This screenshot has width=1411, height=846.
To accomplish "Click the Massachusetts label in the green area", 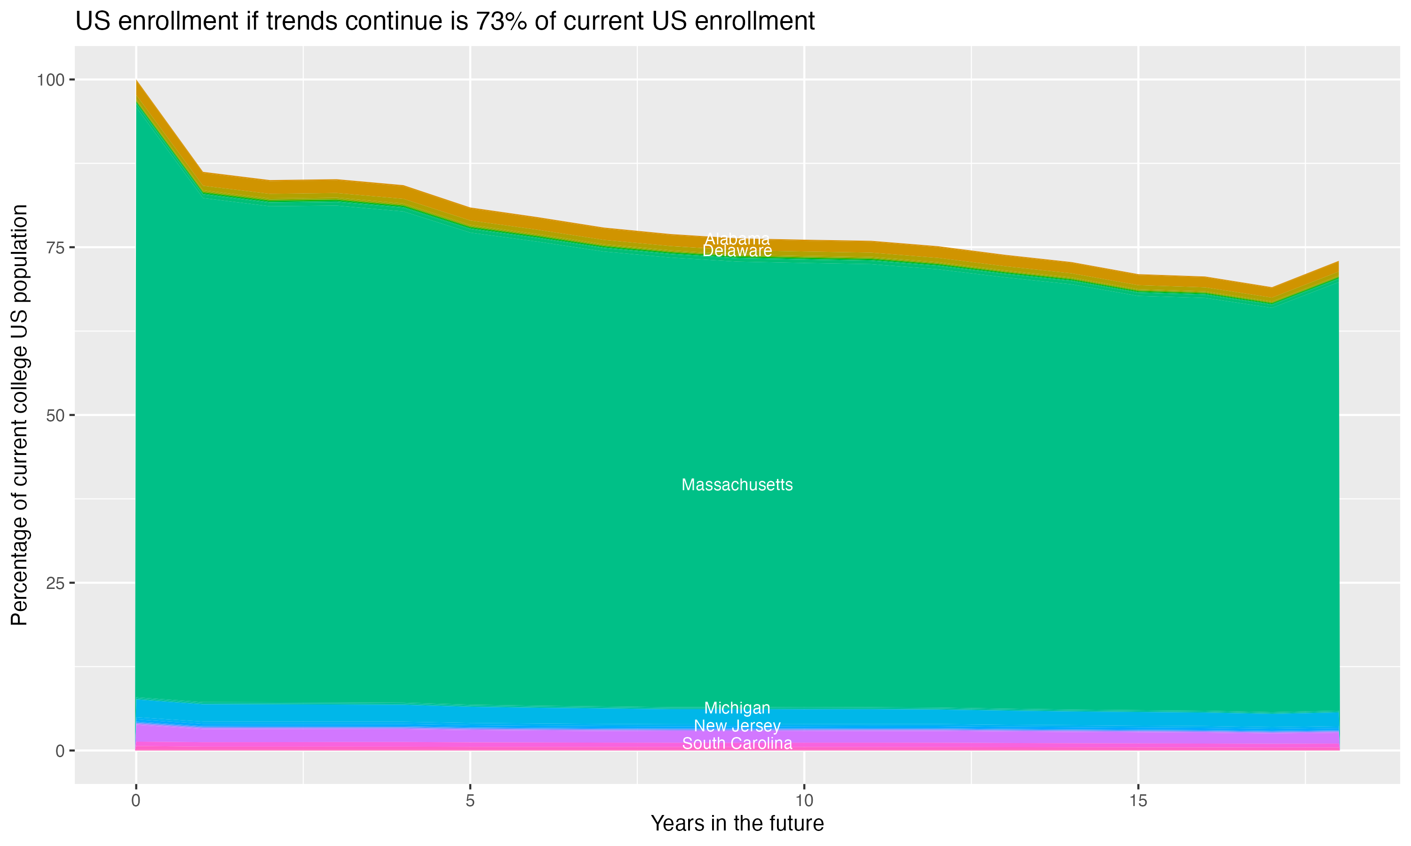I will tap(737, 485).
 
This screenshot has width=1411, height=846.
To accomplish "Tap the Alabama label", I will tap(737, 239).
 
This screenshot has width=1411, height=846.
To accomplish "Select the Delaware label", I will tap(737, 251).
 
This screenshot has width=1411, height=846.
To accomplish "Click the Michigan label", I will tap(737, 708).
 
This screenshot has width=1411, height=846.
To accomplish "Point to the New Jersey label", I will tap(737, 726).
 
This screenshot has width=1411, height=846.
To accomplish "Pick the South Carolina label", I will tap(737, 744).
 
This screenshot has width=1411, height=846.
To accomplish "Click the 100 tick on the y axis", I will tap(51, 80).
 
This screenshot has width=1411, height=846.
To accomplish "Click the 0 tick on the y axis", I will tap(60, 751).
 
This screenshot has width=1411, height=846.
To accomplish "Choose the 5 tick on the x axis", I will tap(470, 801).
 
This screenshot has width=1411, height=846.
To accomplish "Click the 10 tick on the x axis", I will tap(804, 801).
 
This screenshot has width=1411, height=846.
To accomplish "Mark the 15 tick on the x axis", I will tap(1138, 801).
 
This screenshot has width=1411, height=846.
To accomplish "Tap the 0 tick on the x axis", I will tap(136, 801).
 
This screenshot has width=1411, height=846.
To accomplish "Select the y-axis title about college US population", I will tap(19, 415).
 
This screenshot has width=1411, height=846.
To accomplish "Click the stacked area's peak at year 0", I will tap(136, 81).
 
